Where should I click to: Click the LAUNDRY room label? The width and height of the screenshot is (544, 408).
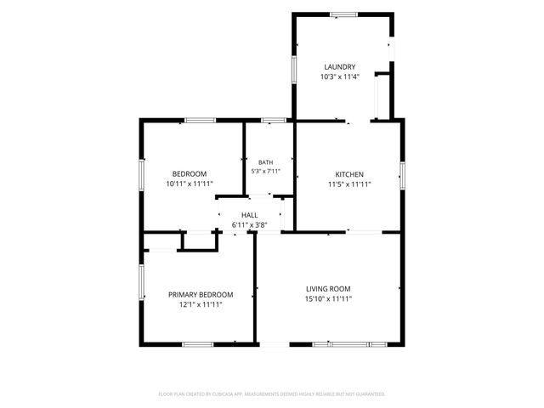[x=340, y=67]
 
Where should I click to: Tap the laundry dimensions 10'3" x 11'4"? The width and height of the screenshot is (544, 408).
[x=340, y=76]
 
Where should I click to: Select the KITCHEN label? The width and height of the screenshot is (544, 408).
[x=349, y=174]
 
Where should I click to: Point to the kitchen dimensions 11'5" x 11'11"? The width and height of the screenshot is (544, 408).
[x=349, y=184]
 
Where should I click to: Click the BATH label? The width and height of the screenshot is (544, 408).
[x=266, y=162]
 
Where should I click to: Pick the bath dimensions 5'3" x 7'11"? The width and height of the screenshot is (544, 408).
[x=266, y=171]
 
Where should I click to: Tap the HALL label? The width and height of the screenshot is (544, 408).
[x=249, y=215]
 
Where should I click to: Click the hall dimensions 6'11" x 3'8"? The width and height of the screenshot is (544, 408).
[x=249, y=224]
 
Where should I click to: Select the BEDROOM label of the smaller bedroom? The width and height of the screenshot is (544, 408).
[x=190, y=173]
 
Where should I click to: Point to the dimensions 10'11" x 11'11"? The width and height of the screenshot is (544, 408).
[x=190, y=184]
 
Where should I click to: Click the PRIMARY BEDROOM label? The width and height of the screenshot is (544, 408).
[x=201, y=295]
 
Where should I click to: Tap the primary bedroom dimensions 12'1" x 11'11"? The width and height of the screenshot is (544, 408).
[x=201, y=304]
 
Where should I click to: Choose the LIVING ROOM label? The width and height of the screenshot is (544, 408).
[x=328, y=289]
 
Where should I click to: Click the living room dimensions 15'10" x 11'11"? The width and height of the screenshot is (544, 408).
[x=328, y=298]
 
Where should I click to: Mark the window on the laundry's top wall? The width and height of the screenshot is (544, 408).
[x=343, y=14]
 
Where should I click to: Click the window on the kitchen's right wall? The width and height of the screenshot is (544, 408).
[x=402, y=176]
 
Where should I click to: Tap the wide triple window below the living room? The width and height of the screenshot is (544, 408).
[x=349, y=344]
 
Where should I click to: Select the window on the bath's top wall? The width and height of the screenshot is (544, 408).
[x=274, y=121]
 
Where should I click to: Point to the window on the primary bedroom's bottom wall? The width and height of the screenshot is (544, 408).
[x=198, y=344]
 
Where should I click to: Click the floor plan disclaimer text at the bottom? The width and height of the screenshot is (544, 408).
[x=272, y=394]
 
